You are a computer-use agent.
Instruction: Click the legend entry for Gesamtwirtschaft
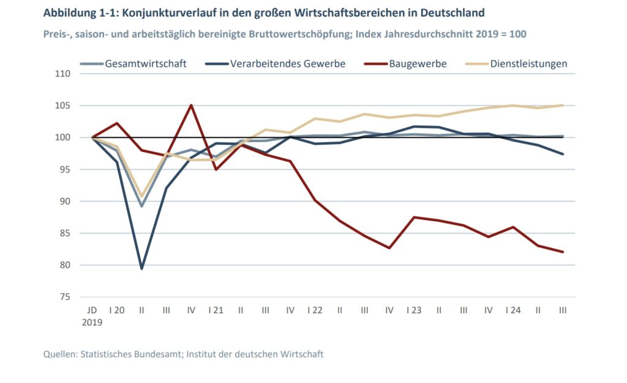[146, 63]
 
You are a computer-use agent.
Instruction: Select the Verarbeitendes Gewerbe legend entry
[287, 63]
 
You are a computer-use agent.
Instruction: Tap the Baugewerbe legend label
[418, 63]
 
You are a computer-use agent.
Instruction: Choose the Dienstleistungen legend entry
[528, 63]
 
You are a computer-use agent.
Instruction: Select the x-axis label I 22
[315, 311]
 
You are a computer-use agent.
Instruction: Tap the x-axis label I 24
[512, 311]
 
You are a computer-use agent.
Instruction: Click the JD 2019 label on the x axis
[92, 316]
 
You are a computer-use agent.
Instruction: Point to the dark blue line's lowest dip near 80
[141, 268]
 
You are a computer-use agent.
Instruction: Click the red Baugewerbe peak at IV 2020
[191, 105]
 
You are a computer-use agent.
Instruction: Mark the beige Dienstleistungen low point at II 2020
[141, 196]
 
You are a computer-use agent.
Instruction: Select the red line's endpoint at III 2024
[563, 252]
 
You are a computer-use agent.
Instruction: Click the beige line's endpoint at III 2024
[563, 105]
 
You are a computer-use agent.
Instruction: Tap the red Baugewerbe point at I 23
[414, 217]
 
